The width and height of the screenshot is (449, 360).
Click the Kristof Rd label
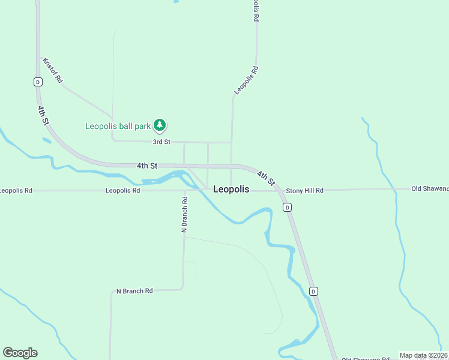[52, 70]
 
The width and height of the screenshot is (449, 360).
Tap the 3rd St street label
[161, 142]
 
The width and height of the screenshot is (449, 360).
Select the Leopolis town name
[231, 189]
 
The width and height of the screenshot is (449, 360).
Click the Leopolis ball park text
[118, 126]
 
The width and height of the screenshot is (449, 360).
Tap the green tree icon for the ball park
[159, 125]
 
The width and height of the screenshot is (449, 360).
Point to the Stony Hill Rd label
[304, 190]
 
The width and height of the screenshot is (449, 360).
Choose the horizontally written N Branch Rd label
[134, 291]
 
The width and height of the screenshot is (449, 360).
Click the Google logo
[20, 353]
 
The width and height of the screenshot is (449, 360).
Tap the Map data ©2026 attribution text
[424, 355]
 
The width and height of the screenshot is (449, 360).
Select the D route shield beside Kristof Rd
[38, 82]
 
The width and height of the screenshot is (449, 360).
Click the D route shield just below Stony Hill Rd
[288, 208]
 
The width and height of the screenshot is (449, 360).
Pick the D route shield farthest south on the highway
[313, 291]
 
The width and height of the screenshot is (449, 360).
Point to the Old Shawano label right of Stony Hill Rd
[430, 188]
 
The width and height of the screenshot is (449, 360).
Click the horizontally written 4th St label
[146, 165]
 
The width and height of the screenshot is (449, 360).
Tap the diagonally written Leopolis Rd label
[246, 80]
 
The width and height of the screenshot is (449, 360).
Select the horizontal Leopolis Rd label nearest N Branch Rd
[122, 190]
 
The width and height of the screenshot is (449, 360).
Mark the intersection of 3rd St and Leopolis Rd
[232, 142]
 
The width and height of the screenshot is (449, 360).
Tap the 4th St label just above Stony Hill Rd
[266, 178]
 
